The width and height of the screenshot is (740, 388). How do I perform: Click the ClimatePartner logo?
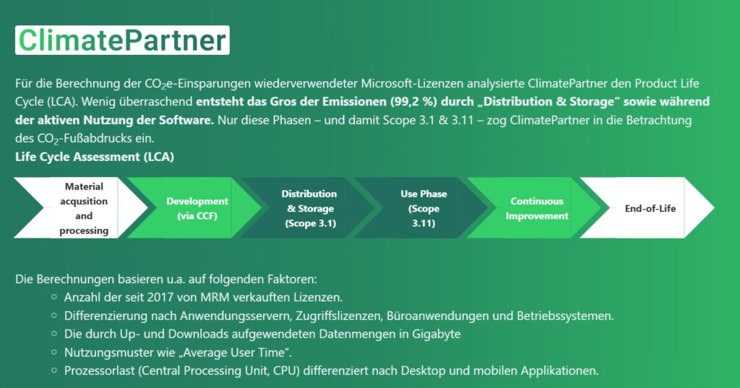coord(122,40)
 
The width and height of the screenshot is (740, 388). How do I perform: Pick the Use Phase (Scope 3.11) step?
coord(421,207)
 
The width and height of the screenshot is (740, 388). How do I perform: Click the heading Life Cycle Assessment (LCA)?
coord(95,157)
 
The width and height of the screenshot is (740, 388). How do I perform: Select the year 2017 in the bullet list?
coord(161,298)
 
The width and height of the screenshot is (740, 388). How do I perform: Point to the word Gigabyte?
coord(436,335)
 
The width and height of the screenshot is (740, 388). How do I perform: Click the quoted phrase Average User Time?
coord(258,353)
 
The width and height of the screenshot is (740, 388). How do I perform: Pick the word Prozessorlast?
coord(100,371)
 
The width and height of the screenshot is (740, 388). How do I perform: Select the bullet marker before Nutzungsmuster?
coord(54,352)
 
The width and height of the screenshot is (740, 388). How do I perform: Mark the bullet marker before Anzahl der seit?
coord(54,297)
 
